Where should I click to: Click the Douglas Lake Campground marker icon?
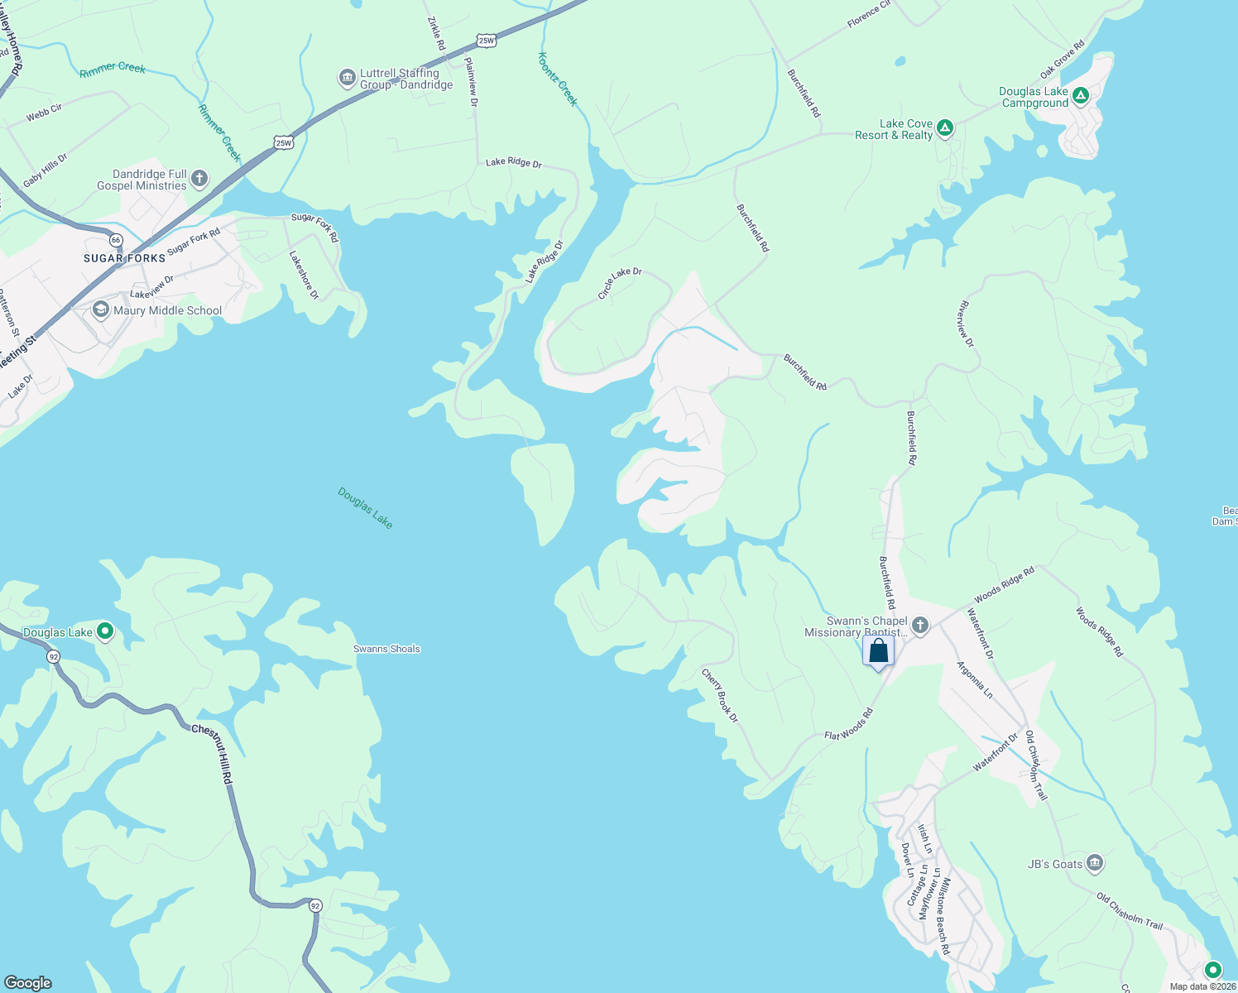point(1081,97)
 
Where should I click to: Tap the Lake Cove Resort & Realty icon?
point(945,129)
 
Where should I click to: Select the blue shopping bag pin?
point(878,650)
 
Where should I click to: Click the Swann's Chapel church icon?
point(920,626)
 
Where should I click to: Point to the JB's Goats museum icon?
point(1095,864)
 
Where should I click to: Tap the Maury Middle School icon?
point(101,310)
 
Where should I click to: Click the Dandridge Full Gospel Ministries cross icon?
point(199,179)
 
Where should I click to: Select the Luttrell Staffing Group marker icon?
point(348,79)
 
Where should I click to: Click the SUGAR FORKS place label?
point(124,258)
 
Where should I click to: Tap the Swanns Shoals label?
point(386,649)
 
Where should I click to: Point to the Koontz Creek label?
point(557,79)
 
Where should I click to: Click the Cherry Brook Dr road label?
point(719,695)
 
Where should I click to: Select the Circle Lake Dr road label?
point(620,283)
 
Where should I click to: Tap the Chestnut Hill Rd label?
point(213,754)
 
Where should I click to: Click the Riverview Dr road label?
point(966,324)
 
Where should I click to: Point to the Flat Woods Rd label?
point(848,724)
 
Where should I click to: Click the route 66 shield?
point(116,240)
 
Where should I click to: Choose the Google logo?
point(28,982)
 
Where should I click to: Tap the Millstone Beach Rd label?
point(943,916)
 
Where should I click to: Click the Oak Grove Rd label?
point(1062,60)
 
